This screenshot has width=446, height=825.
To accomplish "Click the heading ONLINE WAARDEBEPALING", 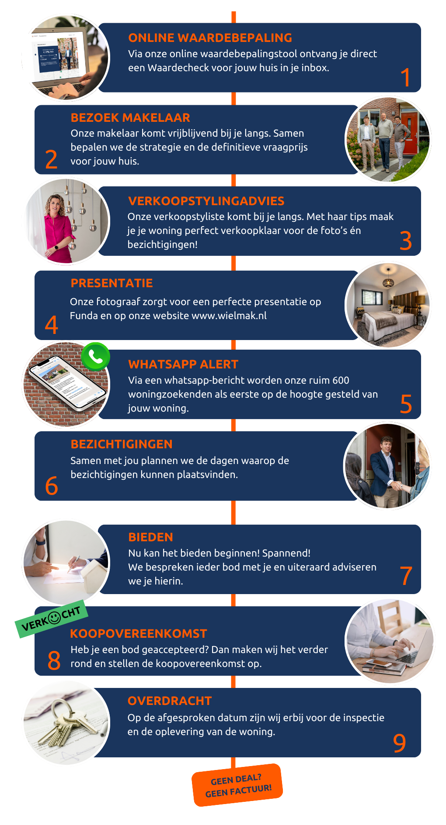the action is [210, 38].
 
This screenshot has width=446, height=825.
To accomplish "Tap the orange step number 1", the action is [405, 77].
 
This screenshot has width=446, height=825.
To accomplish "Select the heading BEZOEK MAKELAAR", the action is [130, 118].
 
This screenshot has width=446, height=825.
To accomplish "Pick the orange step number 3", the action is [406, 241].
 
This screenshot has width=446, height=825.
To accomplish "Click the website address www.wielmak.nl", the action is [229, 316].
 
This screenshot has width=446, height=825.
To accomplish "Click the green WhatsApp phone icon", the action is [95, 357].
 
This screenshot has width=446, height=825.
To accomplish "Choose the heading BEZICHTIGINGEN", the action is [122, 444].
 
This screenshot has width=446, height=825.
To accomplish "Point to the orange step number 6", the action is [52, 486].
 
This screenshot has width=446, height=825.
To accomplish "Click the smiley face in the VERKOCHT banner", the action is [54, 618].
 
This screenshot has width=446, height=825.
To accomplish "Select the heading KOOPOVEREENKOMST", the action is [138, 634].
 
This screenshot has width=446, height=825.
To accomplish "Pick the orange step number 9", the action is [399, 743].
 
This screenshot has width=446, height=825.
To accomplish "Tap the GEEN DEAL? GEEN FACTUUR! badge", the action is [237, 785].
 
